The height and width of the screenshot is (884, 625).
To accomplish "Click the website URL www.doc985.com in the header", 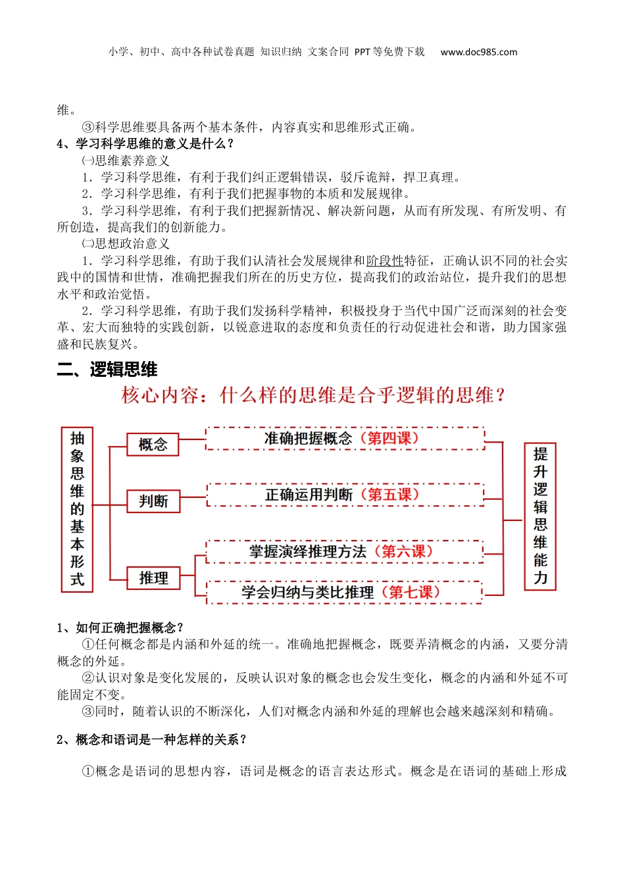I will coord(478,52).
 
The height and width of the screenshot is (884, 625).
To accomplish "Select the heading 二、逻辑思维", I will coord(107,370).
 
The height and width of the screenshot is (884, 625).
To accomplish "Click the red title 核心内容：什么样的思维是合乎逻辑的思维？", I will coord(314,395).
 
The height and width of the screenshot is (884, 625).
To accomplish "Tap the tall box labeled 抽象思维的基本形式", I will coord(78,509).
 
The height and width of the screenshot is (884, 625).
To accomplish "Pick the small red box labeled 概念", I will coord(153,445).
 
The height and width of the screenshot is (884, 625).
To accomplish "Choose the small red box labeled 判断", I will coord(153,501).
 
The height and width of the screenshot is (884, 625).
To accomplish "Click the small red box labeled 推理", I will coord(153,578).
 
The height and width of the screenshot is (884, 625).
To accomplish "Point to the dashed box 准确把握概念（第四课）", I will coord(345,439).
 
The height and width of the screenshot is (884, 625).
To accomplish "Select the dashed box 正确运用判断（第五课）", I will coord(345,495).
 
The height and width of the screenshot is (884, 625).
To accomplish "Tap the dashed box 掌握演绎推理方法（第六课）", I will coord(345,552).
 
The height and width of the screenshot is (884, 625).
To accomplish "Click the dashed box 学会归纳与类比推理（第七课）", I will coord(345,592).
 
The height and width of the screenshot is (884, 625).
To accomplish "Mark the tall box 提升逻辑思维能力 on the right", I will coord(540,516).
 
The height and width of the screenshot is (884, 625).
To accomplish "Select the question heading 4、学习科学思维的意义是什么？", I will coord(145,144).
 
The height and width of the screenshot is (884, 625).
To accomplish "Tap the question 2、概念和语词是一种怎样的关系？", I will coord(151,740).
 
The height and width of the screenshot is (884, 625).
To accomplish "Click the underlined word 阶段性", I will coord(385,261).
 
